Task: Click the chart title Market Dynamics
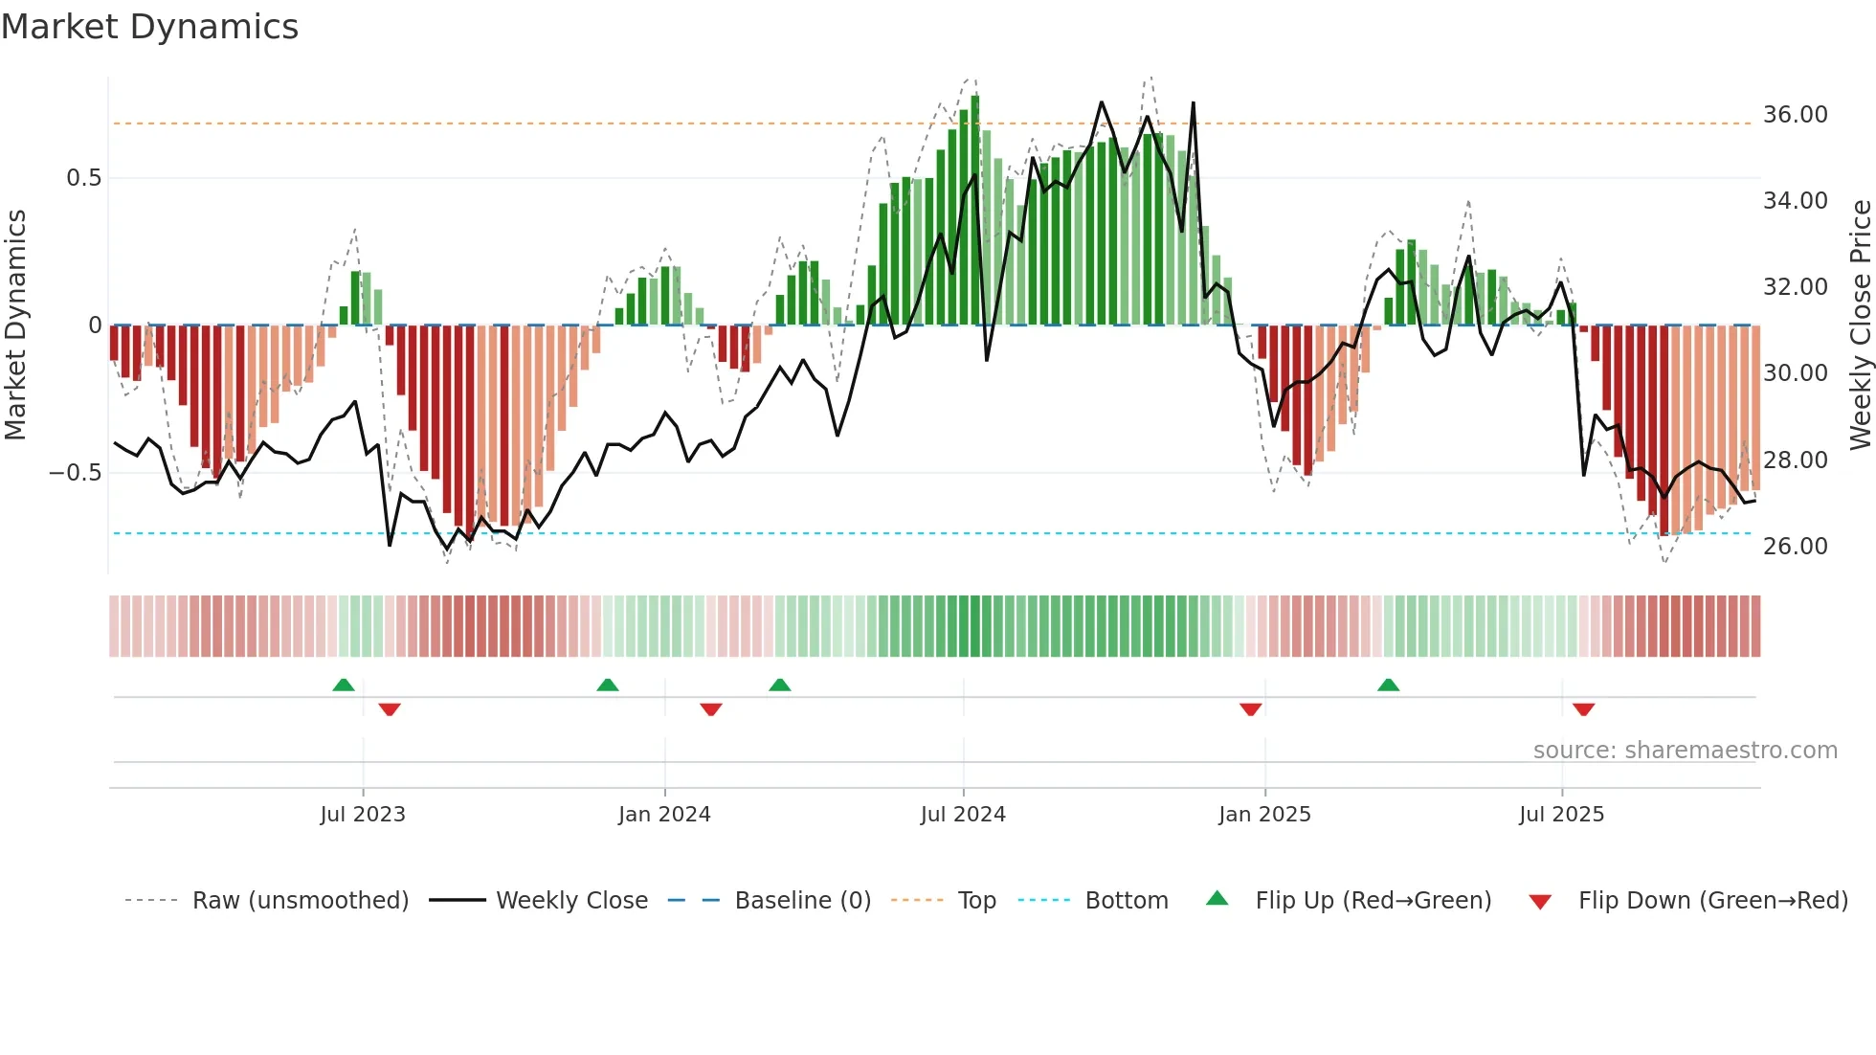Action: [x=149, y=27]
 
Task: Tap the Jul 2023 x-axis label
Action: [x=363, y=815]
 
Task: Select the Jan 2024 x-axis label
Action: [x=664, y=815]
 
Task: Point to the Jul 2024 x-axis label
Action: [x=963, y=815]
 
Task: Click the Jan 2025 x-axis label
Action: [x=1264, y=815]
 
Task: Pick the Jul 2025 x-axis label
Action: [x=1561, y=815]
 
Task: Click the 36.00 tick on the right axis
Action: [x=1795, y=115]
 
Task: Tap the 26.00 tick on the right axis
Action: [x=1795, y=547]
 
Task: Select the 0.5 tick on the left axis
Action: [x=84, y=178]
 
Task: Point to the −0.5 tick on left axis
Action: [x=76, y=473]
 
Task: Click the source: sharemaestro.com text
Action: [x=1685, y=751]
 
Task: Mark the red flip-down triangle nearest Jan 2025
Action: [x=1250, y=709]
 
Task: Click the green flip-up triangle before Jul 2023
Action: [x=344, y=685]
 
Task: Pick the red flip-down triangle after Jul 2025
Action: [x=1583, y=709]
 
